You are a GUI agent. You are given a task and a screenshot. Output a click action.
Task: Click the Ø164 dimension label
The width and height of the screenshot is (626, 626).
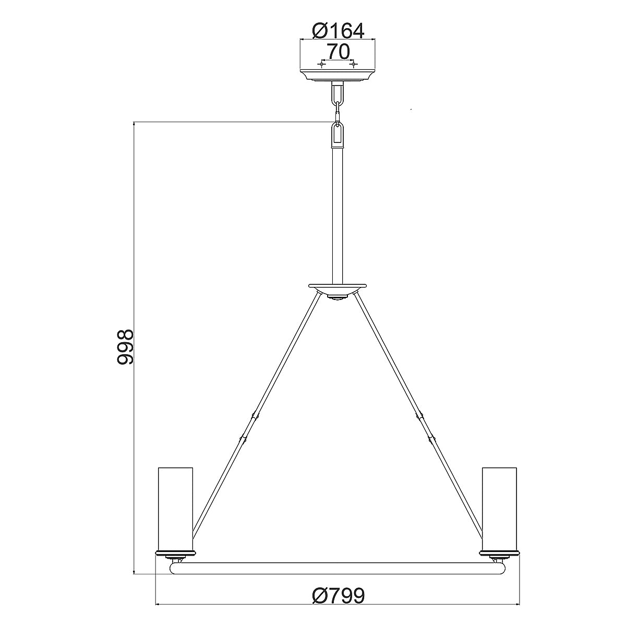click(338, 31)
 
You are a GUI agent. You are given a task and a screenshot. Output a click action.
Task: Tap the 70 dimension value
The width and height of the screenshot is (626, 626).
click(338, 52)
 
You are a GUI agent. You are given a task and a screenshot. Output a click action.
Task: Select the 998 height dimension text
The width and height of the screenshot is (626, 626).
click(126, 347)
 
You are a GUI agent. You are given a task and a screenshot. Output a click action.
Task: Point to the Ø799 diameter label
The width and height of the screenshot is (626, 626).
click(338, 595)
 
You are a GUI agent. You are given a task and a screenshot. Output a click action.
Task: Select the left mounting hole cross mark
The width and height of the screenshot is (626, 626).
click(321, 64)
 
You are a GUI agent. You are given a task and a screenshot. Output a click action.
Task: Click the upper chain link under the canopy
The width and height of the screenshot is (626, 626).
click(338, 94)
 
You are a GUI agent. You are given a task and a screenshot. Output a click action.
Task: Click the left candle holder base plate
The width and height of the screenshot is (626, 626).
click(176, 551)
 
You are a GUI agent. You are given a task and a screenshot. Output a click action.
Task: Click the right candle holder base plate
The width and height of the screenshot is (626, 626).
click(500, 551)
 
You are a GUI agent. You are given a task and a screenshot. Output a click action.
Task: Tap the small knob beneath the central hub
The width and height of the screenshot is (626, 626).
click(338, 298)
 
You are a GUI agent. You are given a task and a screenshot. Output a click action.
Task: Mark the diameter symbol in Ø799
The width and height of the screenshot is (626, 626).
click(319, 595)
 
